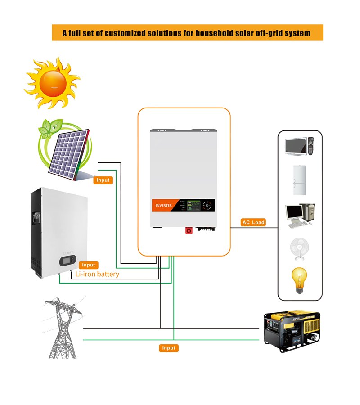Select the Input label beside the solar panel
103,180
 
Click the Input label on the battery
89,265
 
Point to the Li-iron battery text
97,274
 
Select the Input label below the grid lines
169,348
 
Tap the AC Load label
253,222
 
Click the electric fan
300,248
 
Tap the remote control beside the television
310,146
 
